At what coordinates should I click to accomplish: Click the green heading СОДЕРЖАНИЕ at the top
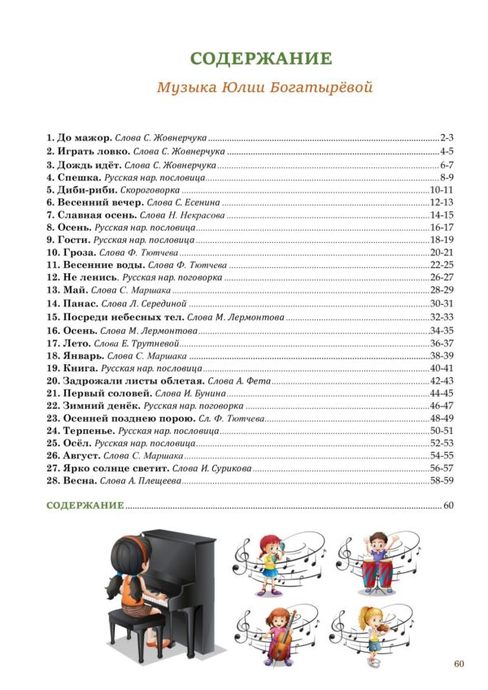261,59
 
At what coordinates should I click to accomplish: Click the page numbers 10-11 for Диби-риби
440,189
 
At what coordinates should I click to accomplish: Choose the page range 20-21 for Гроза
440,252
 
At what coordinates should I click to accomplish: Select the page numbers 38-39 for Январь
440,355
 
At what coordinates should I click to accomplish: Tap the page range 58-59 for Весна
440,481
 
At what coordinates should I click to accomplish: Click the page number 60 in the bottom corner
459,664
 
